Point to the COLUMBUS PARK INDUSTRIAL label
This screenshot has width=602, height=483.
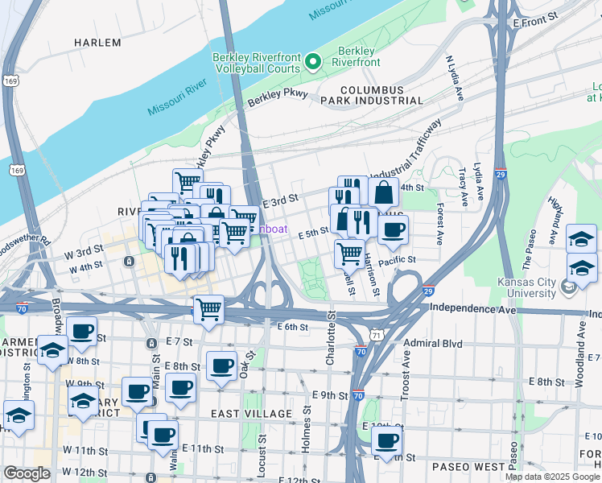(381, 95)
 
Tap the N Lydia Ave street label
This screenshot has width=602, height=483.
(455, 78)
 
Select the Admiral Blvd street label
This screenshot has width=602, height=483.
(434, 344)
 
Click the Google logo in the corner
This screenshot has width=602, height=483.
(27, 473)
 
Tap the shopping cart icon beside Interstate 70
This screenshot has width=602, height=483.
(208, 308)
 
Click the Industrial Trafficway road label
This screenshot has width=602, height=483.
(406, 151)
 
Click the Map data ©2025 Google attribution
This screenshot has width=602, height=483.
(553, 477)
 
